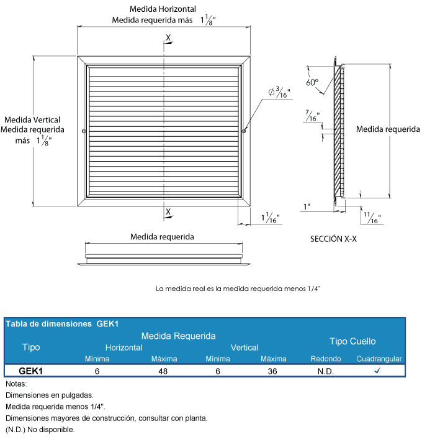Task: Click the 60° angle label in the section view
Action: [312, 82]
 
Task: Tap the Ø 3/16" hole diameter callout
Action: [279, 93]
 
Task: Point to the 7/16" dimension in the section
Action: [312, 116]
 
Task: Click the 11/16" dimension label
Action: [372, 218]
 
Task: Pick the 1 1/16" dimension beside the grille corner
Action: [271, 218]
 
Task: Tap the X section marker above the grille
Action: [168, 37]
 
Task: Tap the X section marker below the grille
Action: [168, 211]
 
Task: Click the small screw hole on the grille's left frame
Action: [84, 131]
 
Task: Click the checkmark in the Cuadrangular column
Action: [377, 371]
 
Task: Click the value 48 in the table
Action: [164, 371]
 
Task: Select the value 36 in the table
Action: [273, 371]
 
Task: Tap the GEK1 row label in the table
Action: [31, 371]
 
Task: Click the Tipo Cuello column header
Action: [352, 341]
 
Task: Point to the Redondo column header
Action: [325, 359]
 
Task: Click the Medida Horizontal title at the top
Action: [163, 9]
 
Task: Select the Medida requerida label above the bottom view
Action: [162, 236]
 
